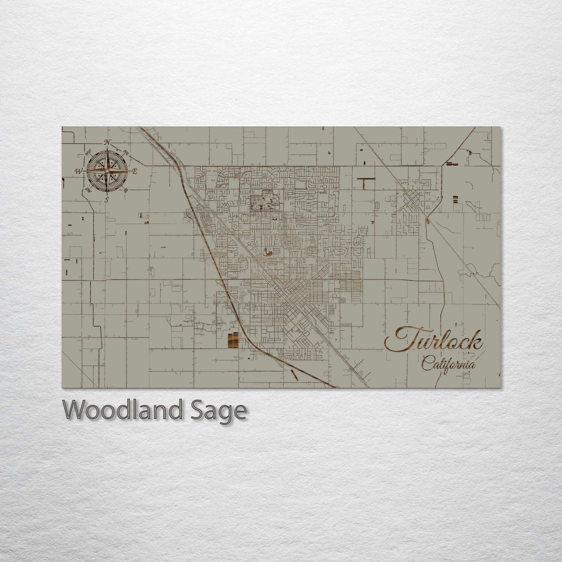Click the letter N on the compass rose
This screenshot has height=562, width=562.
(x=108, y=142)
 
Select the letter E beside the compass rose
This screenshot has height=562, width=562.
(x=135, y=171)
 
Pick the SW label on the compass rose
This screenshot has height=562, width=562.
(x=88, y=190)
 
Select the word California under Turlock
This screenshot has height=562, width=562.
(x=448, y=365)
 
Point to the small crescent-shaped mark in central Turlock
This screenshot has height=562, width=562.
(x=267, y=252)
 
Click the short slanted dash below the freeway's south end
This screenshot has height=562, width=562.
(x=294, y=375)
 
